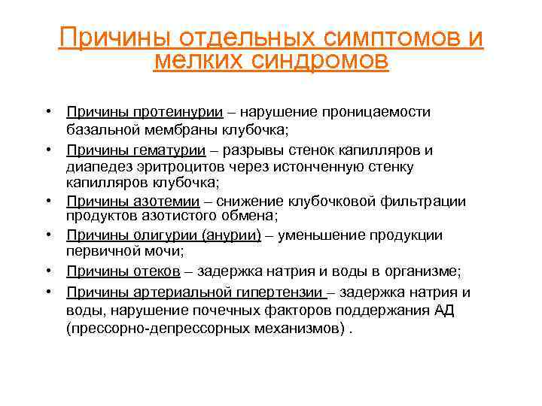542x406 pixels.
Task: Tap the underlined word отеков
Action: (x=154, y=271)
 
